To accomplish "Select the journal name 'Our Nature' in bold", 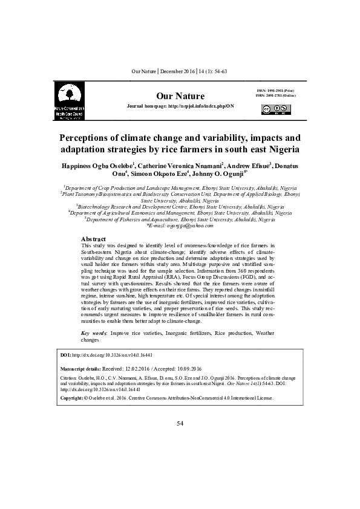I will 180,96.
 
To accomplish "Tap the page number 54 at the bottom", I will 180,423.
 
